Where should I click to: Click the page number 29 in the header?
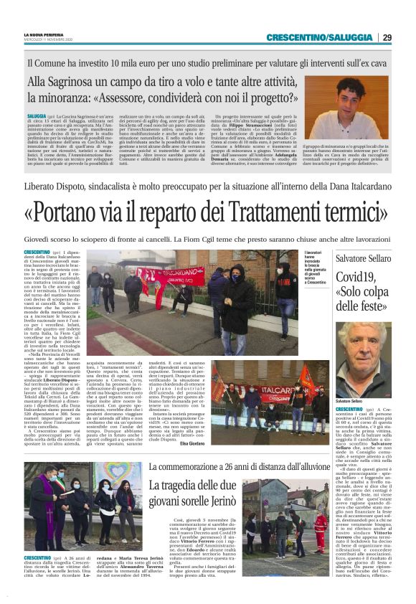(x=387, y=37)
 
